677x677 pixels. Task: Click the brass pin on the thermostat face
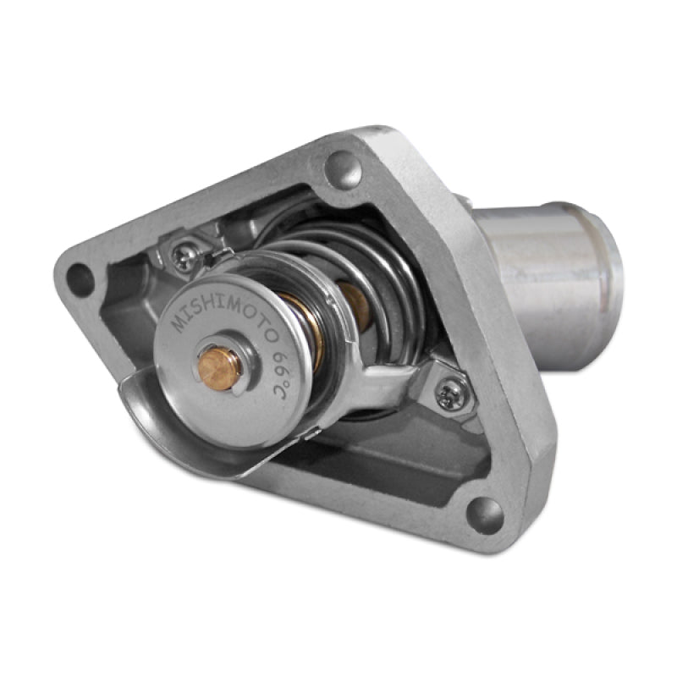point(220,365)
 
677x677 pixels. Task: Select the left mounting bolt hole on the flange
point(80,278)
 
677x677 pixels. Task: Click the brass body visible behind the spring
point(354,305)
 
